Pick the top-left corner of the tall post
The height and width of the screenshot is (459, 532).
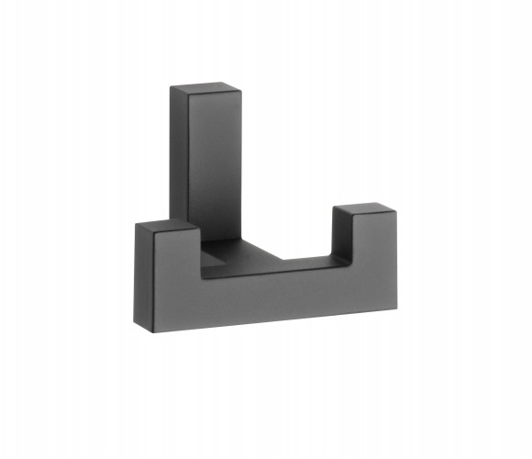point(172,87)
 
